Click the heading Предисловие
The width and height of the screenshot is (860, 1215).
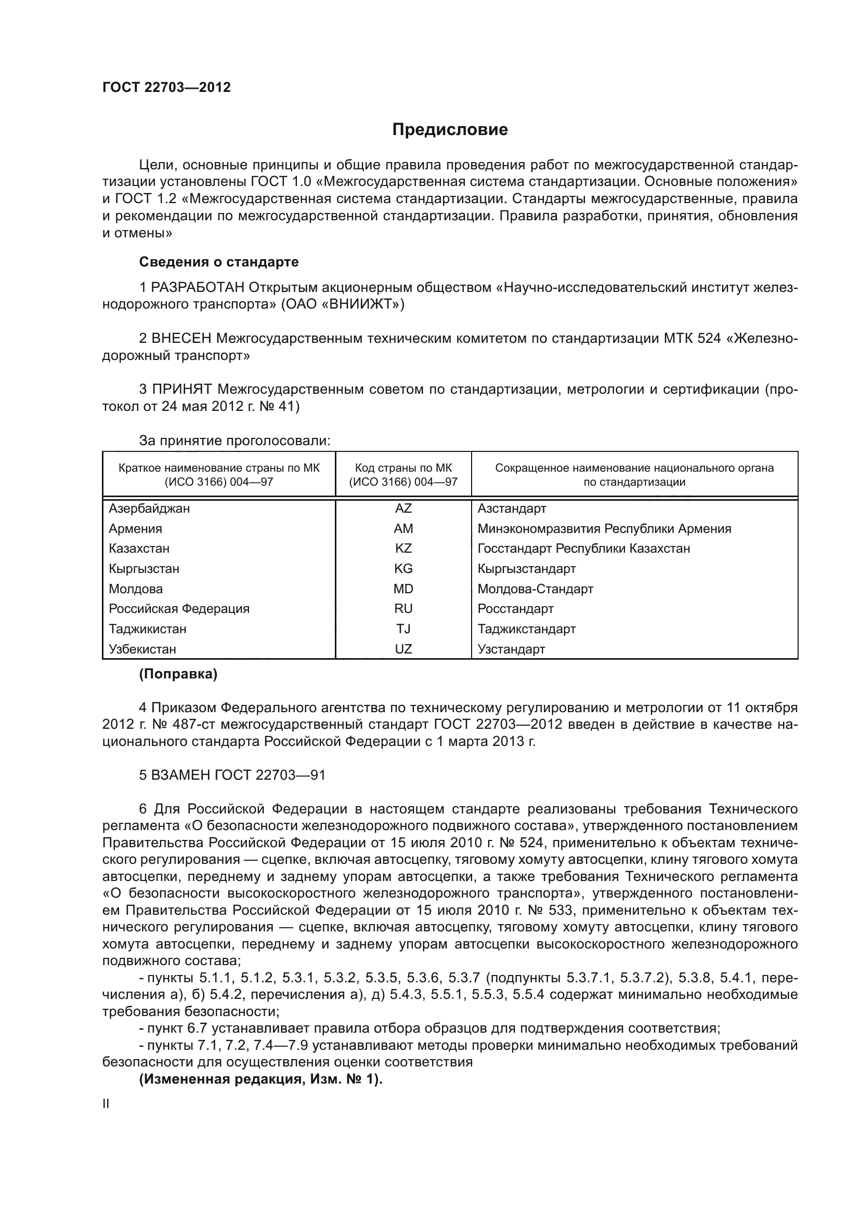[450, 130]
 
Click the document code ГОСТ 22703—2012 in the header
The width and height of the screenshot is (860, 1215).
[166, 87]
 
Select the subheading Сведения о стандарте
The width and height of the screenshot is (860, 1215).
[219, 262]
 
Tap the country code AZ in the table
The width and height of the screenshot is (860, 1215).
[403, 509]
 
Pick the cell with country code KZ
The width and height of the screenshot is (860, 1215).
[403, 548]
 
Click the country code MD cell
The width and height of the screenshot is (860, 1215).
[403, 589]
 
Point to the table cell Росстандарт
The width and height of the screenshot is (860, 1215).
[515, 609]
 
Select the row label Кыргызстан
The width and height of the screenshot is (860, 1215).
[144, 569]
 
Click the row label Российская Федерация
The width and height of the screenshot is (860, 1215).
[179, 609]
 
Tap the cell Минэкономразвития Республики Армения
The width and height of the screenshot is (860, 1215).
[604, 529]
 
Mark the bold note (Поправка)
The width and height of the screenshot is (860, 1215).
[178, 674]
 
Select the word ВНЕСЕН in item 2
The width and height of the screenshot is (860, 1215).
[181, 338]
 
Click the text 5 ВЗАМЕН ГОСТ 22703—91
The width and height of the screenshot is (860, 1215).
[232, 775]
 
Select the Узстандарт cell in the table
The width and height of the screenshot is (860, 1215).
[511, 649]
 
